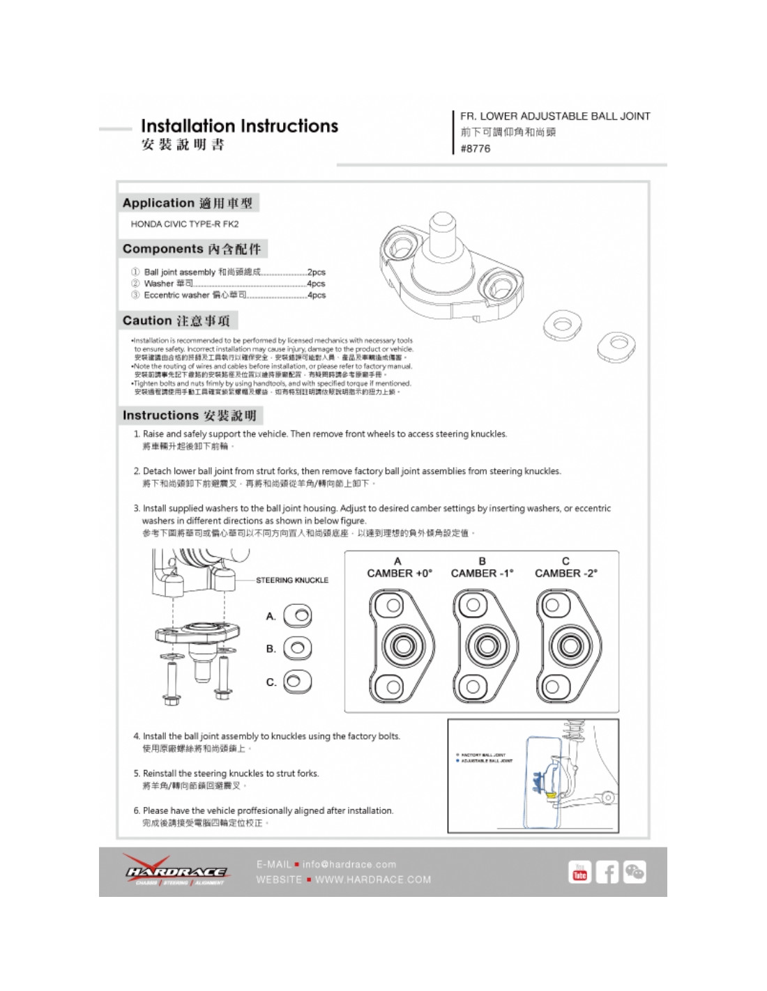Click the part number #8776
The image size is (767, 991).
pos(475,148)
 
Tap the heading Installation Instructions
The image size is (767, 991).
pos(239,126)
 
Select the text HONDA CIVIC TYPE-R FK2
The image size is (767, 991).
pos(185,224)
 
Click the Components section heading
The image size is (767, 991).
pos(192,249)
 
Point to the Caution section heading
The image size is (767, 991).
pos(176,321)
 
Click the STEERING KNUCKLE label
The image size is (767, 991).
pos(291,580)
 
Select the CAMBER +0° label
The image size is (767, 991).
pos(400,573)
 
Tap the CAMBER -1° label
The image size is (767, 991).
pos(482,573)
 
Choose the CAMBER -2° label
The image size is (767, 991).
pos(565,573)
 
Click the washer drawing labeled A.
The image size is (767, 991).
pos(298,616)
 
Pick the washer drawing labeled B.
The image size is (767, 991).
pos(298,648)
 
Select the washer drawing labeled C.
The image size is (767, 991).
pos(298,682)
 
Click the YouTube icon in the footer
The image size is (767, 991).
pos(579,873)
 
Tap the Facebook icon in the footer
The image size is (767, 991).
pos(607,873)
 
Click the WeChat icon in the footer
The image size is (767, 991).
pos(635,873)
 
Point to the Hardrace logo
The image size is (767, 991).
pos(176,871)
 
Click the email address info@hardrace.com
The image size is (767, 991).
pos(349,864)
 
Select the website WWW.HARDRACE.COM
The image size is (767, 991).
pos(373,879)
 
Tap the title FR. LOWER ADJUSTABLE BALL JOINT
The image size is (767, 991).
pos(555,116)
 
